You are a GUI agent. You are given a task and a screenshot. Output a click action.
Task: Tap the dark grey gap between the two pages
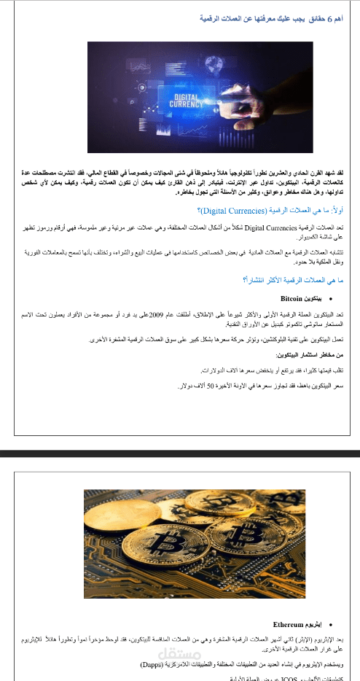point(180,453)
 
